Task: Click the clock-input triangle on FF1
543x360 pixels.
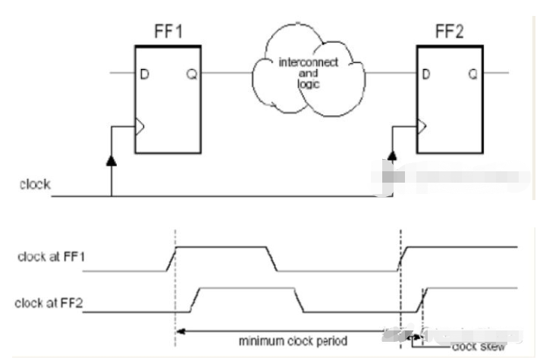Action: point(139,127)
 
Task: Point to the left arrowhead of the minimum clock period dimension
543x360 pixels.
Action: point(178,331)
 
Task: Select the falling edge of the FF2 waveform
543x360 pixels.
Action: point(299,300)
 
